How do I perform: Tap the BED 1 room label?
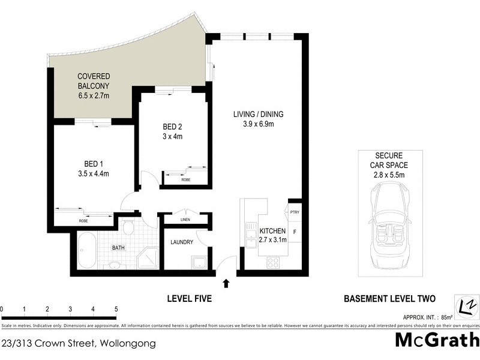point(96,163)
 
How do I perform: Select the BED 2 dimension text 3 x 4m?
point(172,137)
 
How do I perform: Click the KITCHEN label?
point(273,231)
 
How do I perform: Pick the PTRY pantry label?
point(294,212)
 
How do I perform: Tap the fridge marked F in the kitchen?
point(294,231)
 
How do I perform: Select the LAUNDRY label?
point(181,242)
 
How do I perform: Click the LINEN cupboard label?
point(185,220)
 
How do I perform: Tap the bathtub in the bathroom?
point(86,253)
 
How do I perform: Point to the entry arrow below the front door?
point(226,283)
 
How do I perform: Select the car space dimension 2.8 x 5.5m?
point(388,175)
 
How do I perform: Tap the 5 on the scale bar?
point(115,309)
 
